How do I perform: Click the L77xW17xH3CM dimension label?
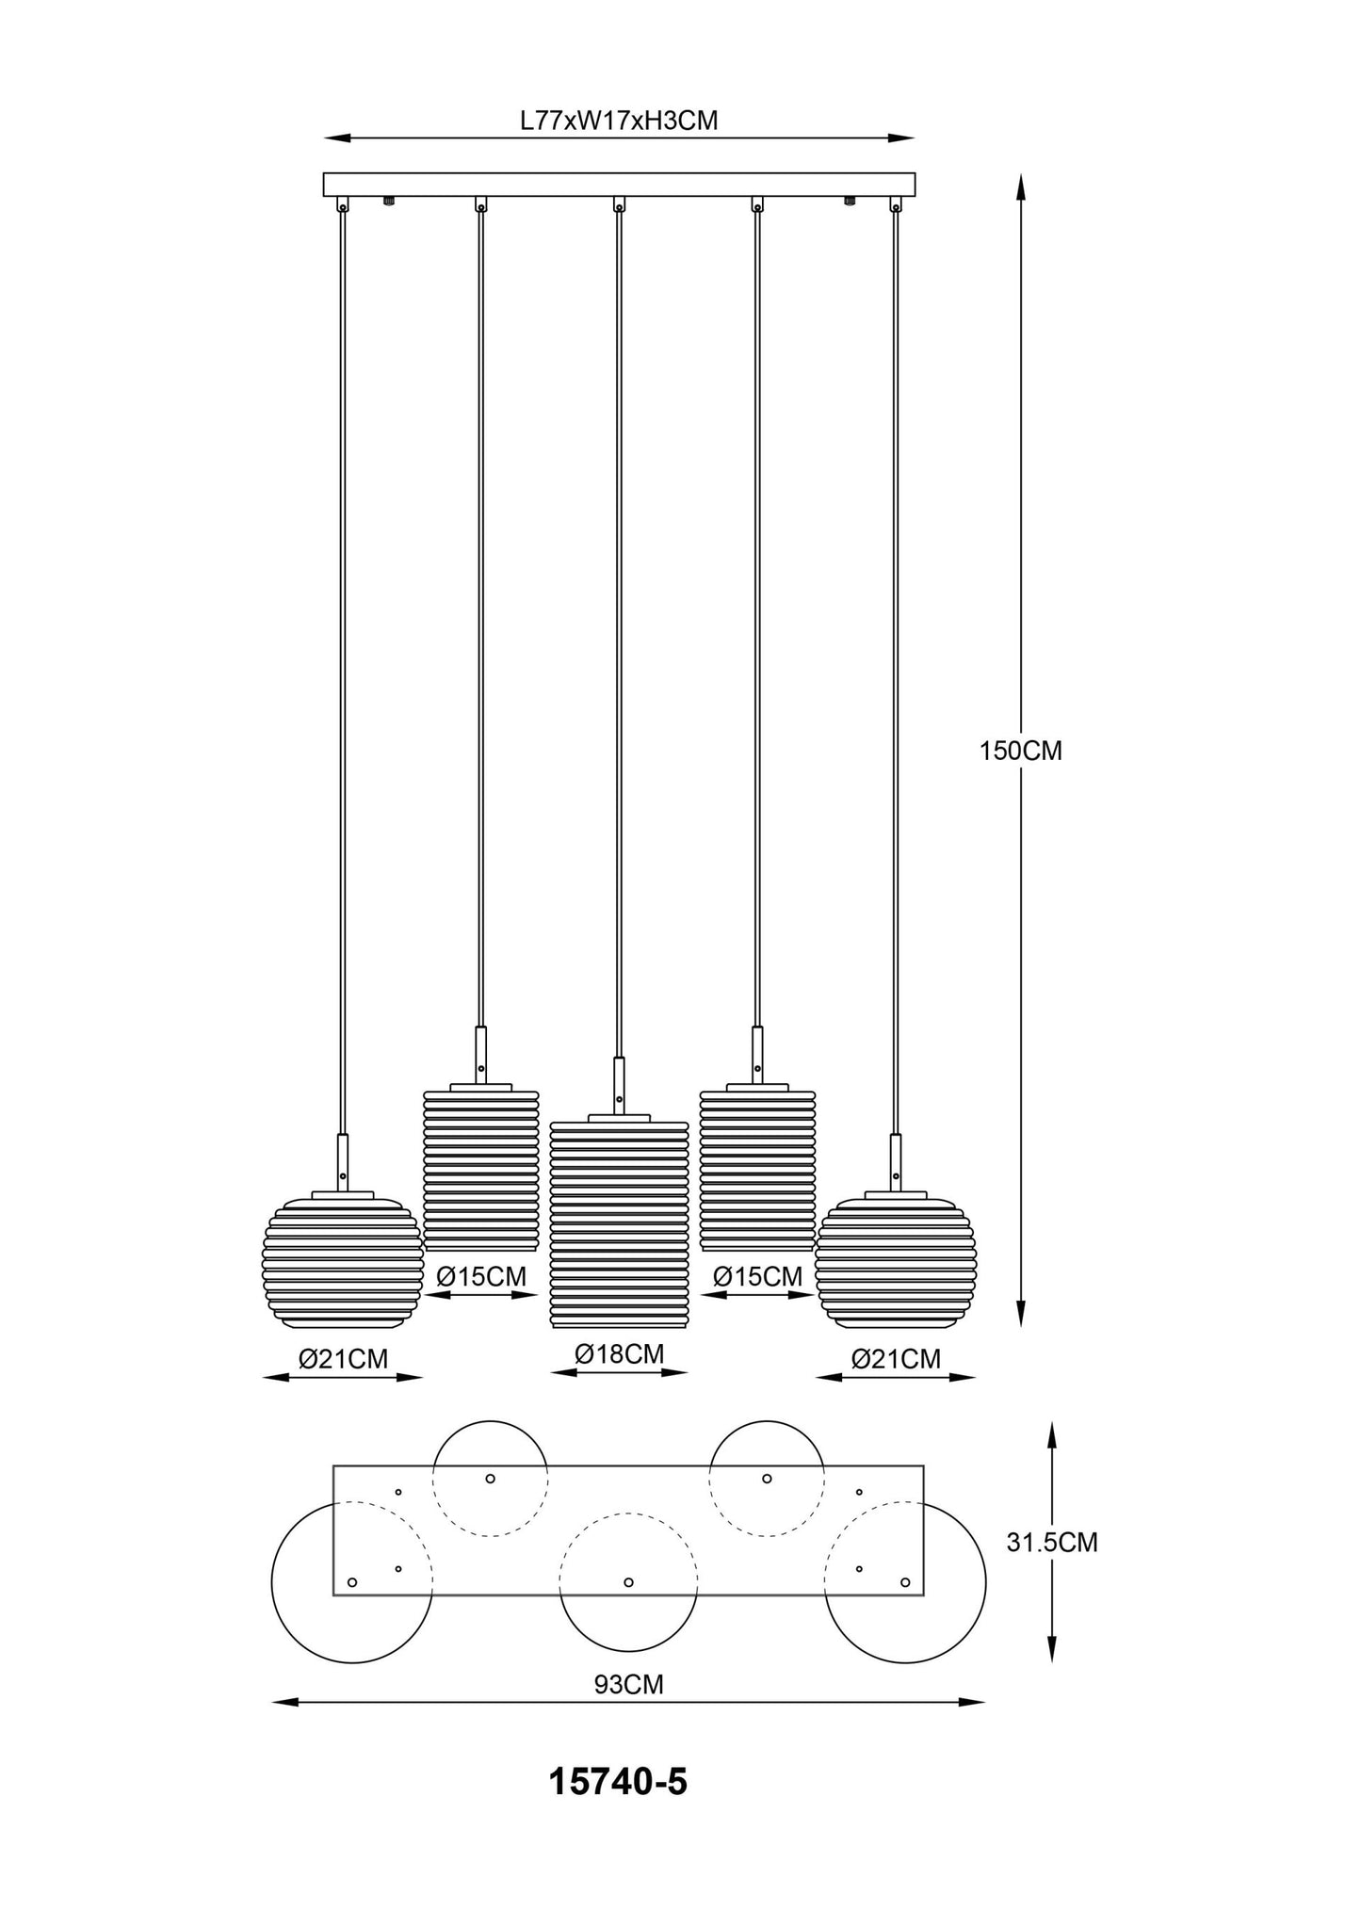(x=619, y=121)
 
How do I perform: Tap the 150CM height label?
(x=1021, y=751)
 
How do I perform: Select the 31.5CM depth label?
(x=1052, y=1543)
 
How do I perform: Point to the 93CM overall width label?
(x=628, y=1685)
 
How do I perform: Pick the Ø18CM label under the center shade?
(x=620, y=1354)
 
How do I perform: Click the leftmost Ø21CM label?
(x=343, y=1359)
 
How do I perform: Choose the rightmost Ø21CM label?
(x=896, y=1359)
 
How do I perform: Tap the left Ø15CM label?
(x=481, y=1277)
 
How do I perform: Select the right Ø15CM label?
(x=758, y=1277)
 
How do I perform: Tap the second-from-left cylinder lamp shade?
(x=480, y=1171)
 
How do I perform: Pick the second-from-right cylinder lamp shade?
(x=757, y=1171)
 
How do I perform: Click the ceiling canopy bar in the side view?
(x=619, y=184)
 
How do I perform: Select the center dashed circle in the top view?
(x=628, y=1582)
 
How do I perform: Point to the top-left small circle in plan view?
(x=490, y=1479)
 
